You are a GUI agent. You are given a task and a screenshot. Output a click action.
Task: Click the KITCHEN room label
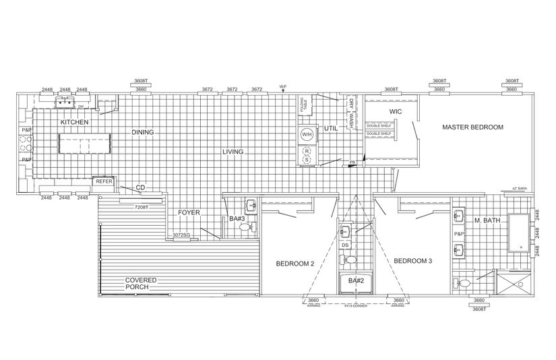point(75,122)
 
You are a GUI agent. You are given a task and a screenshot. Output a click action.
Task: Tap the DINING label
point(143,132)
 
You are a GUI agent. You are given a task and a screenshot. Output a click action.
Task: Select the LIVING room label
point(233,152)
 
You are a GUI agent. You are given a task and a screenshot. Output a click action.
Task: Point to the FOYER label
point(189,212)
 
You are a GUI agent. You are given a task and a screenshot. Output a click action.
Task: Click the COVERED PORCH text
point(141,283)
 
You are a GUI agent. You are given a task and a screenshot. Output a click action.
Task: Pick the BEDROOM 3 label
point(413,260)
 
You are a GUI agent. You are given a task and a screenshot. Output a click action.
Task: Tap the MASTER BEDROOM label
point(472,127)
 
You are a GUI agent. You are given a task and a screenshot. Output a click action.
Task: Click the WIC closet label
point(396,111)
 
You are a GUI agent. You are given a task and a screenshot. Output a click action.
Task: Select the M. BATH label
point(486,220)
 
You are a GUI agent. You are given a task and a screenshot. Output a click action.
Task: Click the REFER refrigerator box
point(104,181)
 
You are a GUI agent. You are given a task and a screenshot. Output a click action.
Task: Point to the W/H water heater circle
point(307,134)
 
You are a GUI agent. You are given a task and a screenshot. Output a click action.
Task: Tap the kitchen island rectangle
point(84,144)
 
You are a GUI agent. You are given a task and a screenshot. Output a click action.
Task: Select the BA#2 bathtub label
point(355,280)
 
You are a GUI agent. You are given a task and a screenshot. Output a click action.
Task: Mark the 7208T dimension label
point(141,206)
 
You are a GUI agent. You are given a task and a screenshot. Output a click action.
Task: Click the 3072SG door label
point(182,235)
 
